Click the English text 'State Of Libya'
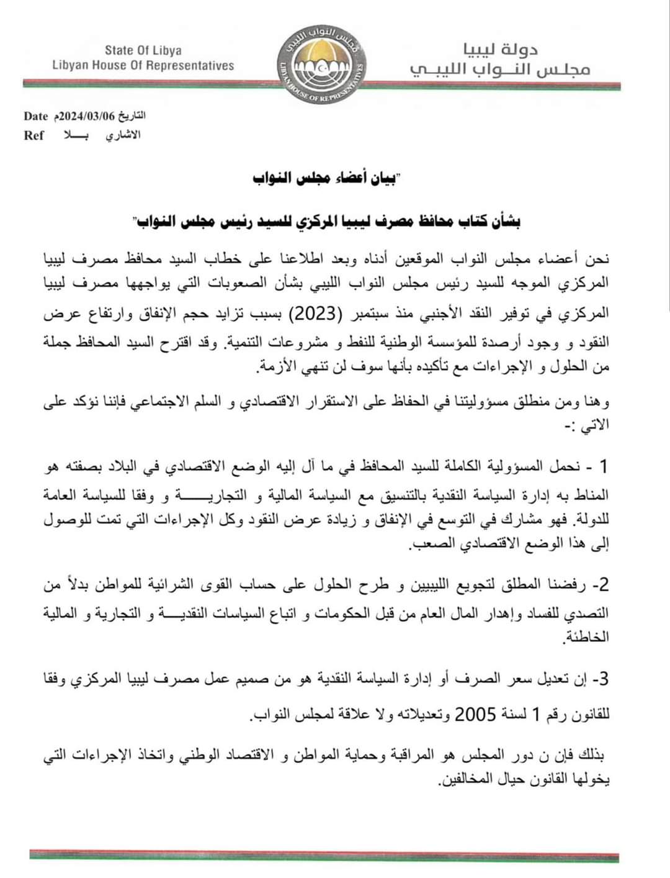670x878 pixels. (x=143, y=50)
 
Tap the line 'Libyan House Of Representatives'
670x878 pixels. (x=143, y=65)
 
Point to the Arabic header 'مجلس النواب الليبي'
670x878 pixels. (x=500, y=70)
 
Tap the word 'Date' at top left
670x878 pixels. (x=35, y=116)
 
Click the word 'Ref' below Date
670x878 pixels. (x=33, y=135)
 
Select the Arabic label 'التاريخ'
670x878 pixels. (x=132, y=116)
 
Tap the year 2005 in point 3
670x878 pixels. (x=476, y=715)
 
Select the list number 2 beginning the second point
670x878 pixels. (x=602, y=584)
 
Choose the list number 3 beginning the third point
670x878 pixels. (x=602, y=679)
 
